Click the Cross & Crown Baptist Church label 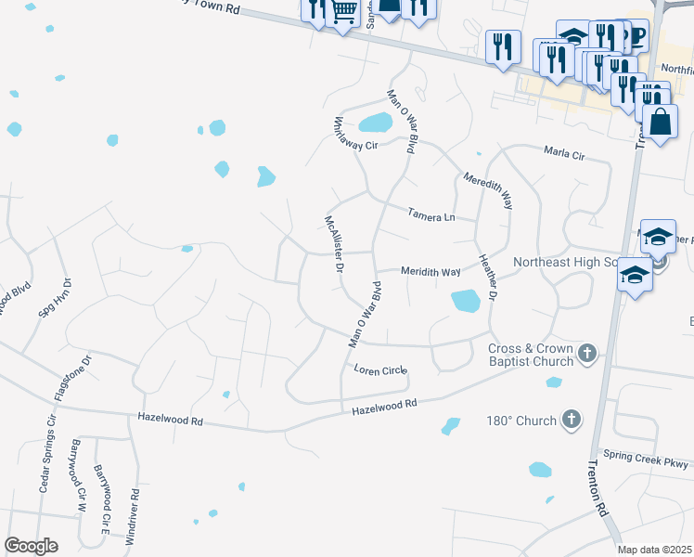(x=530, y=356)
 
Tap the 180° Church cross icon (x=572, y=421)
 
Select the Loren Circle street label (x=380, y=369)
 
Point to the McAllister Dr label (x=334, y=244)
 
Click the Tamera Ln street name (x=431, y=216)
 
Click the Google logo (x=31, y=546)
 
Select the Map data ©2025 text (x=654, y=550)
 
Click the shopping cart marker (x=343, y=11)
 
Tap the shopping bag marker (x=660, y=122)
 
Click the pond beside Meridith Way (x=465, y=301)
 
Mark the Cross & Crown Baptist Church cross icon (x=586, y=353)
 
